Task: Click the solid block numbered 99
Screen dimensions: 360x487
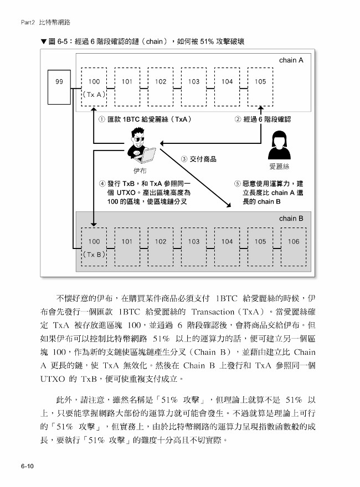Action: (59, 87)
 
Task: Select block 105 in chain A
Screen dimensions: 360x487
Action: (260, 87)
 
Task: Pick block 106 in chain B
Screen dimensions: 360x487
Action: (294, 247)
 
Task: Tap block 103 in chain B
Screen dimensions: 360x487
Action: (194, 247)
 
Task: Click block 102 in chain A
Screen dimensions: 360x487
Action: (161, 87)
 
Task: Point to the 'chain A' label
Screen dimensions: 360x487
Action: (291, 60)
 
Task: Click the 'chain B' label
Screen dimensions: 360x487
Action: (291, 219)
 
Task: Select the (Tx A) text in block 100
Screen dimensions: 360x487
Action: (94, 95)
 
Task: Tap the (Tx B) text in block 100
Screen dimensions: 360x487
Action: (94, 255)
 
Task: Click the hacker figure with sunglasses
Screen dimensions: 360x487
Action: (141, 145)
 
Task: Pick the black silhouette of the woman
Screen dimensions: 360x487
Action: (279, 145)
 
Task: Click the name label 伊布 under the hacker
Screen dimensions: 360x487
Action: (140, 171)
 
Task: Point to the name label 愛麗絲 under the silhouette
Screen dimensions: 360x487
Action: (279, 167)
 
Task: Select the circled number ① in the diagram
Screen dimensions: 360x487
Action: (102, 120)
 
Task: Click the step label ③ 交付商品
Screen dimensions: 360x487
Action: (199, 159)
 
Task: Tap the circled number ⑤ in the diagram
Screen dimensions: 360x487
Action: (238, 184)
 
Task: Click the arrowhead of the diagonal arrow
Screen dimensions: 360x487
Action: (229, 206)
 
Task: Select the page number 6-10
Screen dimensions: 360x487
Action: (27, 466)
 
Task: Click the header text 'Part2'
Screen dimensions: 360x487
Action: (28, 22)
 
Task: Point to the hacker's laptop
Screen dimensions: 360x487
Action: (146, 156)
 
